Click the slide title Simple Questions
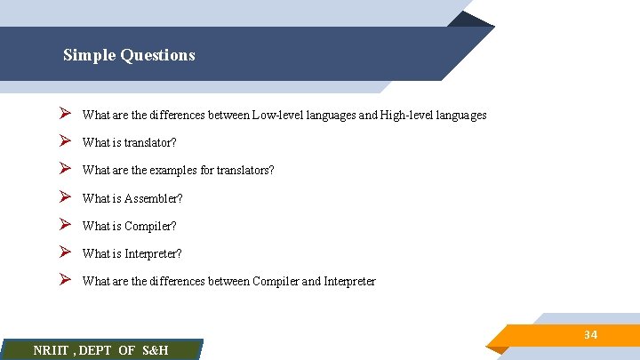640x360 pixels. coord(129,55)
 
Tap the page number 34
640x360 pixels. coord(590,335)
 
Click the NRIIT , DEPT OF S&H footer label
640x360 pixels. coord(100,350)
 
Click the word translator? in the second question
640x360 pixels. coord(149,143)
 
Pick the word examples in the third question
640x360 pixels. coord(171,171)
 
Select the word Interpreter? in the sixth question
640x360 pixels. coord(153,253)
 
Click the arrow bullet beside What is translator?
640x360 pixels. coord(65,142)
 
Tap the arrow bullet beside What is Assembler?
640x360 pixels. coord(65,197)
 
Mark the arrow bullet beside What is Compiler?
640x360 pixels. coord(65,225)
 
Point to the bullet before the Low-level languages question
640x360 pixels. coord(65,115)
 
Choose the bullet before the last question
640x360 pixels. coord(65,280)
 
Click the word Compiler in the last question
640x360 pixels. coord(278,282)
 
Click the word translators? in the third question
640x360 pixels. coord(244,171)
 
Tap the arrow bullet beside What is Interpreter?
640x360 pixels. coord(65,252)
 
